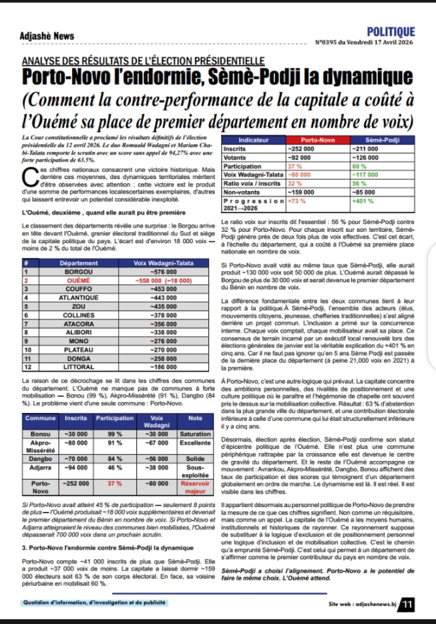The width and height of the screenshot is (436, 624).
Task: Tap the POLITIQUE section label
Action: (x=391, y=32)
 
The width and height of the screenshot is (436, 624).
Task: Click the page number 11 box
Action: (x=406, y=605)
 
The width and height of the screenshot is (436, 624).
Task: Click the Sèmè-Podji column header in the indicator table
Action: (x=383, y=140)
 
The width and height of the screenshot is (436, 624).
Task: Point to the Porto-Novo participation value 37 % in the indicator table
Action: (x=294, y=165)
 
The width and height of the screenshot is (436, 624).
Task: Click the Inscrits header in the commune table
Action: (x=75, y=418)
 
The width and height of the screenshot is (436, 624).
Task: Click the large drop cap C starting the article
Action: (x=27, y=176)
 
